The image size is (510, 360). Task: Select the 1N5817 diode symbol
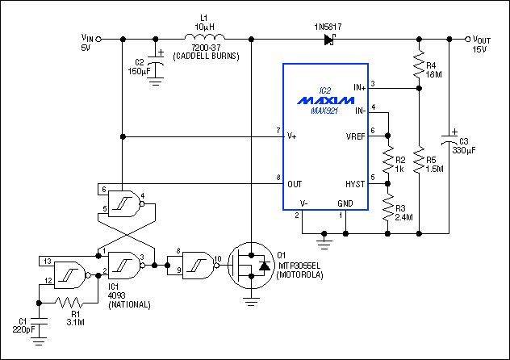329,39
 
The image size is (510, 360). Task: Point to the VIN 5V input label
87,42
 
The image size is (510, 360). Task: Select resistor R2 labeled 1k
388,159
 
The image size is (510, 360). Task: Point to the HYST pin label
354,184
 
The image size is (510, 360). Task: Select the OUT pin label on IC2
295,184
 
